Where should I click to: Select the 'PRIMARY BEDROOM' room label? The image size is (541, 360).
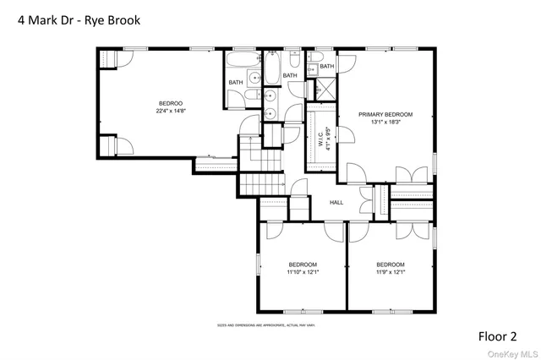385,114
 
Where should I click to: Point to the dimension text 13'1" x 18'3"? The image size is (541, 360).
385,122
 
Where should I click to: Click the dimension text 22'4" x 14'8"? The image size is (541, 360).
172,110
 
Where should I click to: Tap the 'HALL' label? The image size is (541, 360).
336,203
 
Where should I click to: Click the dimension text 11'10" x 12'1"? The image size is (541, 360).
302,272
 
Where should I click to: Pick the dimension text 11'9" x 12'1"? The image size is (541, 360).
391,272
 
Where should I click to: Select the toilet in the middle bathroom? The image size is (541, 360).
292,60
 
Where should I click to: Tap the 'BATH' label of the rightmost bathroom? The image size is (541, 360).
326,66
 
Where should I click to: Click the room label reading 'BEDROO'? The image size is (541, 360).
172,102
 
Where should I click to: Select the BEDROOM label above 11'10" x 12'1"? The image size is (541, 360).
302,265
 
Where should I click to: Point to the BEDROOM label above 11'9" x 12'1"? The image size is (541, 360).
391,265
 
